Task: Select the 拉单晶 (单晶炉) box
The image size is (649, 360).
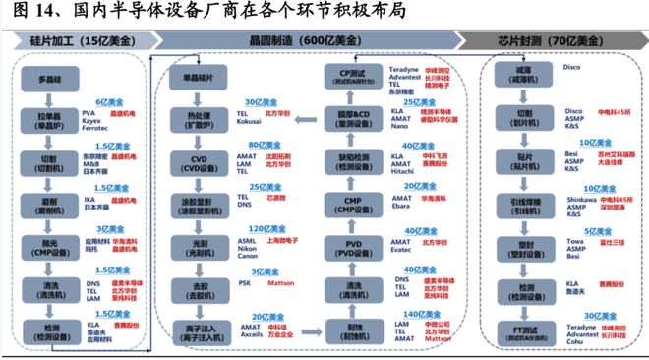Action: [49, 118]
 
